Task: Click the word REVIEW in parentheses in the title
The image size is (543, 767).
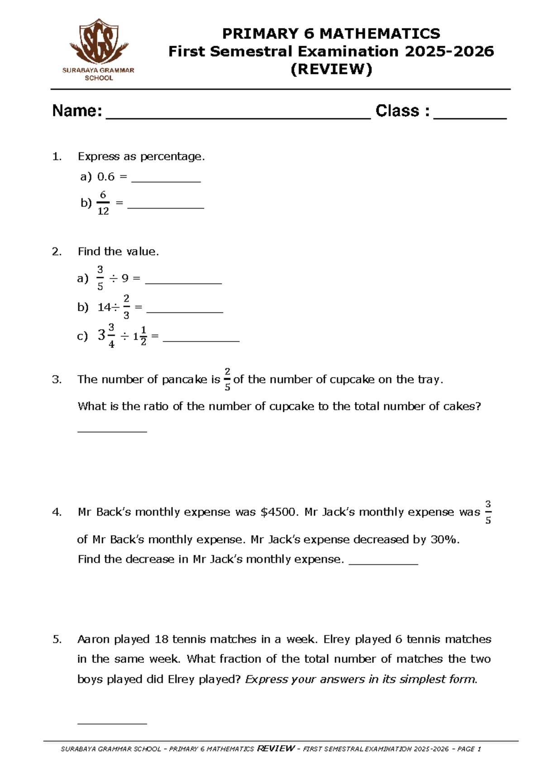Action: pyautogui.click(x=331, y=69)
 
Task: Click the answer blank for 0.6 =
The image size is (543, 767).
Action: pyautogui.click(x=166, y=180)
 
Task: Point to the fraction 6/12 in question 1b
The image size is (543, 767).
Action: pyautogui.click(x=103, y=203)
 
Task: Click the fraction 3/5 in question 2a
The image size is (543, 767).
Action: pyautogui.click(x=100, y=278)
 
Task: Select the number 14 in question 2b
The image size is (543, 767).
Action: pyautogui.click(x=104, y=308)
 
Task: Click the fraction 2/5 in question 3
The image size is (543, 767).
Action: pyautogui.click(x=227, y=379)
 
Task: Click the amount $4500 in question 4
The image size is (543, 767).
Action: pyautogui.click(x=279, y=512)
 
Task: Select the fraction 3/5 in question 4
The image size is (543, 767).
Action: pyautogui.click(x=488, y=512)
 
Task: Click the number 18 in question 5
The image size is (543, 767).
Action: pyautogui.click(x=162, y=639)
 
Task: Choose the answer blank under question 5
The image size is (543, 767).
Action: pyautogui.click(x=112, y=723)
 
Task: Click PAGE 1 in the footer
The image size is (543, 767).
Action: pyautogui.click(x=469, y=749)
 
